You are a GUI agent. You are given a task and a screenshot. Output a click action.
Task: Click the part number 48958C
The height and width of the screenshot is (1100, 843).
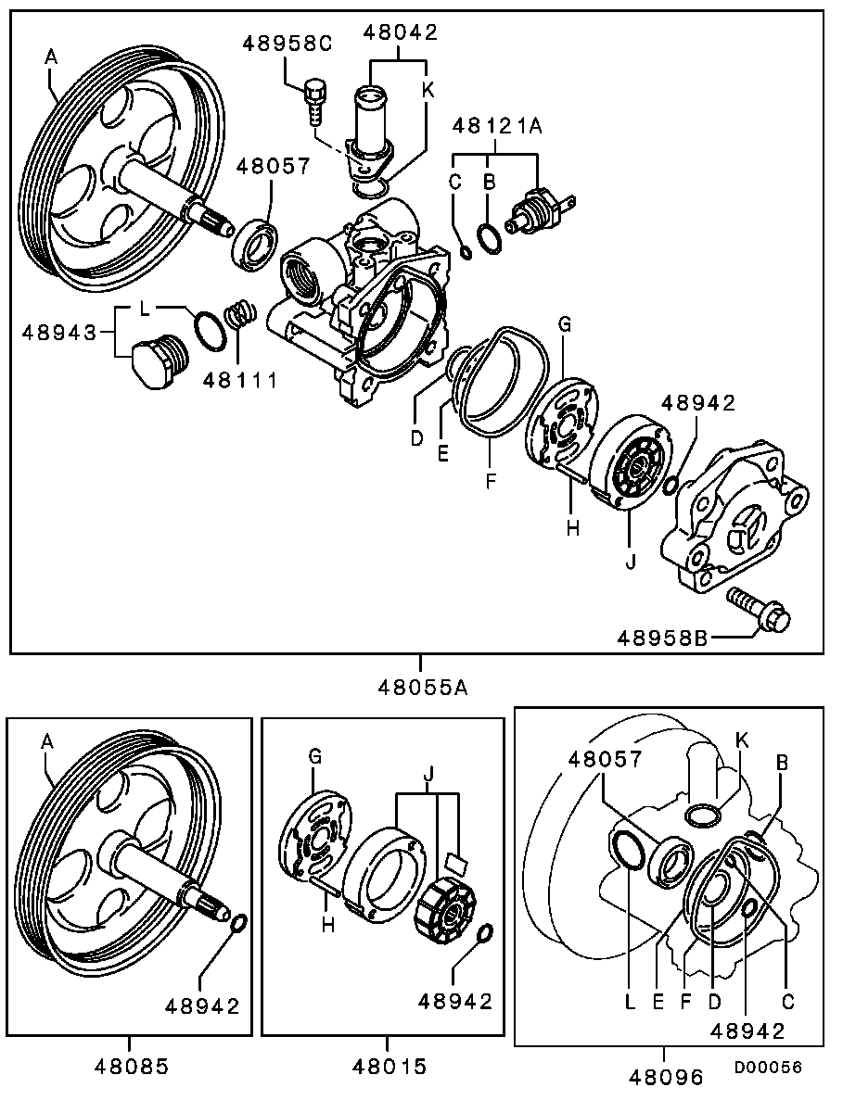coord(287,44)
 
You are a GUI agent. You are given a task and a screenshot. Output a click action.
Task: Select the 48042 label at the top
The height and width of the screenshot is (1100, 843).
coord(401,32)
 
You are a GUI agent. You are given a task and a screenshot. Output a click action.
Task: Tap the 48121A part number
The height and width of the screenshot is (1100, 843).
coord(498,126)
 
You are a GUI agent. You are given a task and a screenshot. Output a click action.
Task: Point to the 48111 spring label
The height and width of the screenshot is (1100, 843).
coord(240,380)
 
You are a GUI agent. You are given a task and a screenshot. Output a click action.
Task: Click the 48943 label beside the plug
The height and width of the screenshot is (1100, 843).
coord(58,331)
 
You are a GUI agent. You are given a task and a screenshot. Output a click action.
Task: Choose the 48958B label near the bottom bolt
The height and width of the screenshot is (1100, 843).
coord(662,638)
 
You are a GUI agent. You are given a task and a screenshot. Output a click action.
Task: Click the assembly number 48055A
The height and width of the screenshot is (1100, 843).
coord(423,687)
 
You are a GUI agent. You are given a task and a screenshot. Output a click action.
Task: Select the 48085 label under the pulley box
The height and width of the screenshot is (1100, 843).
coord(132,1067)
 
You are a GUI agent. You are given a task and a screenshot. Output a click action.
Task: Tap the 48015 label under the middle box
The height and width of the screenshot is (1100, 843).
coord(390,1067)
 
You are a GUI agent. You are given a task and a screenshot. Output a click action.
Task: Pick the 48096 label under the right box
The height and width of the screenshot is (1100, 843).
coord(666,1076)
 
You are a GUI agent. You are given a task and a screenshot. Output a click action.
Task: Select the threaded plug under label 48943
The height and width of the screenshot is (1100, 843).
coord(159,360)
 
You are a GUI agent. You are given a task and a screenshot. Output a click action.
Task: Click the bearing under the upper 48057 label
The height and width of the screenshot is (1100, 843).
coord(256,242)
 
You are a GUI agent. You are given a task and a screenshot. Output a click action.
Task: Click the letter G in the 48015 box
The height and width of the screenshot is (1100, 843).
coord(315,757)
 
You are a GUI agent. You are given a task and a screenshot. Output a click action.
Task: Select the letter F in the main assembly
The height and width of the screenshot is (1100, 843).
coord(491,481)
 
